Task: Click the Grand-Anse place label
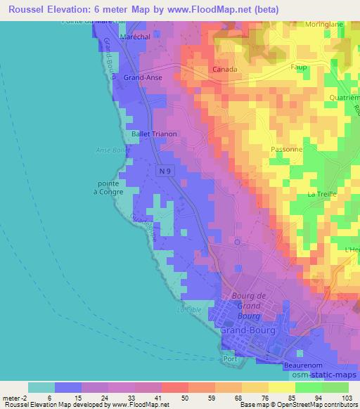pos(143,78)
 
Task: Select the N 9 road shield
pos(165,171)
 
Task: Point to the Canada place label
pos(226,70)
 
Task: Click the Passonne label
pos(287,150)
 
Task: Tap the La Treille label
pos(322,193)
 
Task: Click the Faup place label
pos(300,67)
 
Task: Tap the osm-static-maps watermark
pos(328,377)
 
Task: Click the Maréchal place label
pos(136,37)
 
